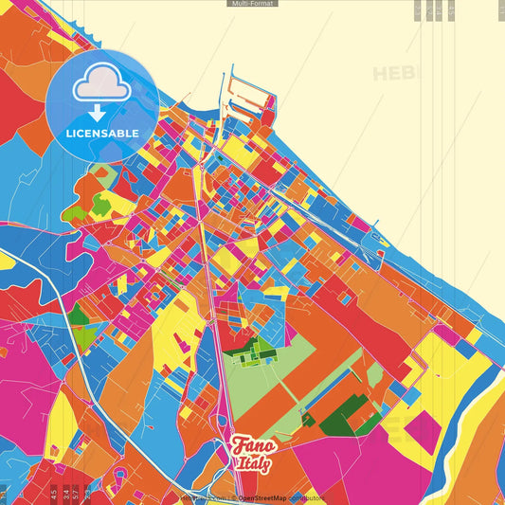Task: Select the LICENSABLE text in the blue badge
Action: point(101,133)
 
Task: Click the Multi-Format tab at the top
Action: point(252,4)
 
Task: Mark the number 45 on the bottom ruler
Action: point(54,493)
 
